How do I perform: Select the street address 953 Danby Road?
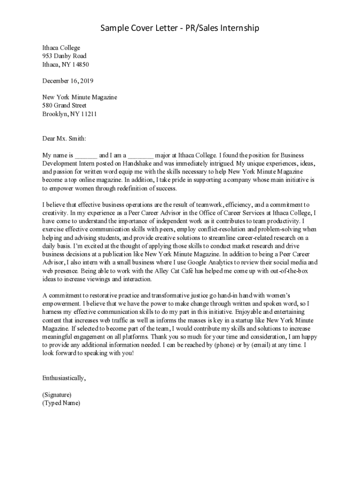pos(64,56)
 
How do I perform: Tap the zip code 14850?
pos(79,65)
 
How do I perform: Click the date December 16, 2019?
pos(68,81)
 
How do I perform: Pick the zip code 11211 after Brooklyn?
pos(87,114)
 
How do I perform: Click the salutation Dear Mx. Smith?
pos(64,138)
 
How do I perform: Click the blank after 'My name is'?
pos(86,155)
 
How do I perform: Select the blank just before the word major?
pos(141,155)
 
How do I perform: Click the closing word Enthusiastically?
pos(64,378)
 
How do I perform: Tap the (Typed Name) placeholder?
pos(61,403)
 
